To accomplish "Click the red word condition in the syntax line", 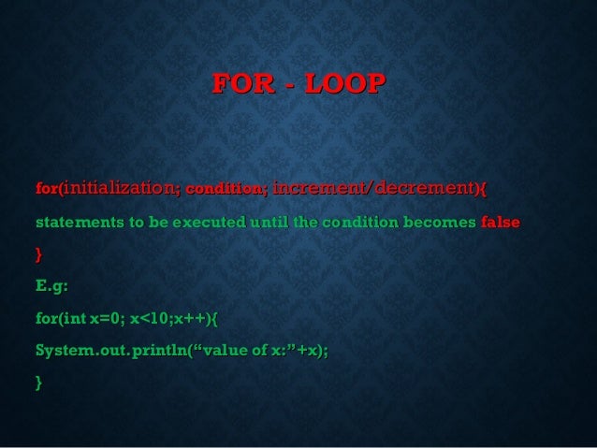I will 226,190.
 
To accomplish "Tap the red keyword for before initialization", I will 47,190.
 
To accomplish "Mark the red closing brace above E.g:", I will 38,253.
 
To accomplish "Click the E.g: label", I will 51,285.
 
